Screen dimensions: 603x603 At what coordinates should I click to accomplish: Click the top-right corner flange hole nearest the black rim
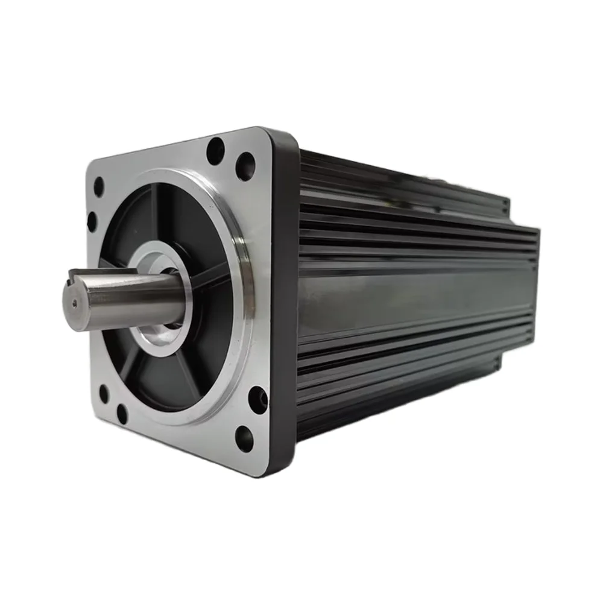pyautogui.click(x=245, y=166)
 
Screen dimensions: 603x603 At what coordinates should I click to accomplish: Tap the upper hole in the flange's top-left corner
pyautogui.click(x=98, y=186)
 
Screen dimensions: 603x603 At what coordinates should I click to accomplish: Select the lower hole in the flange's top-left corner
pyautogui.click(x=92, y=221)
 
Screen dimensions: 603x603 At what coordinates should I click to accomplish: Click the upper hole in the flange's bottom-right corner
pyautogui.click(x=257, y=399)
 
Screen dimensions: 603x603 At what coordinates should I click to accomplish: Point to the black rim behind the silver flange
pyautogui.click(x=283, y=301)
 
